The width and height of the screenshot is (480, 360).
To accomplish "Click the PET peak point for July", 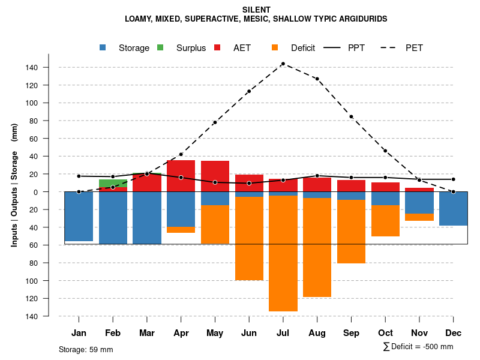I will click(x=283, y=64).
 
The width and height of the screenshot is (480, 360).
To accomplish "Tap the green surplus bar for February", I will click(x=113, y=183).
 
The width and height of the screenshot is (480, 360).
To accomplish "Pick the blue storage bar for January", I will click(x=79, y=216).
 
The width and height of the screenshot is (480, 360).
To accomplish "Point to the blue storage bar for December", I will click(x=453, y=208).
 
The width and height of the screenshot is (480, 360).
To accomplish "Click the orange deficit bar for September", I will click(x=351, y=231).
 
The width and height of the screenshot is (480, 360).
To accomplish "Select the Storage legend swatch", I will click(x=103, y=47).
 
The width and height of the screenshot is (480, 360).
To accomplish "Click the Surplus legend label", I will click(x=191, y=48).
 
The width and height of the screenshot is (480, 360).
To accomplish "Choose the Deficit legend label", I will click(x=303, y=48).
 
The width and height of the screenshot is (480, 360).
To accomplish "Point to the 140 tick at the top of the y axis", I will click(x=32, y=68).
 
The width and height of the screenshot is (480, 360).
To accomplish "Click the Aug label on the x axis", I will click(x=317, y=333).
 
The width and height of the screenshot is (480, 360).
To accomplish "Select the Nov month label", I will click(x=419, y=333).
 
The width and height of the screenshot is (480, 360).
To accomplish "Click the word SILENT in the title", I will click(x=256, y=10).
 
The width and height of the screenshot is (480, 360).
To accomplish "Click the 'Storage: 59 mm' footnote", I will click(x=86, y=349).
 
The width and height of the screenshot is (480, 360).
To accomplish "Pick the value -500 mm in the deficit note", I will click(x=437, y=347).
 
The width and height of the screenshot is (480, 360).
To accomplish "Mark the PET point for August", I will click(x=317, y=79).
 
